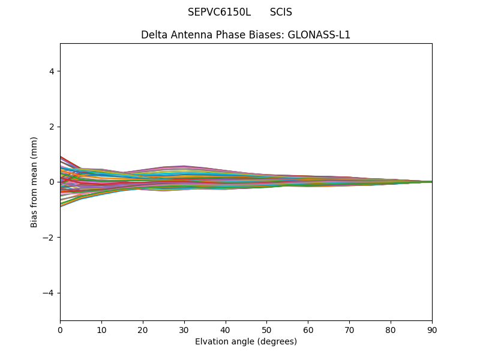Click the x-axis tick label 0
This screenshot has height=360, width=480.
click(60, 329)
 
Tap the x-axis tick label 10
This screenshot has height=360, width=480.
click(101, 329)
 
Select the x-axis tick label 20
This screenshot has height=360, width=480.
click(143, 329)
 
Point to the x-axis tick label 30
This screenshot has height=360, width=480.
click(184, 329)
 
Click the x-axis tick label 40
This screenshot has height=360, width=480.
click(226, 329)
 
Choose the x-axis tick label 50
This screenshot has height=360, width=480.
click(266, 329)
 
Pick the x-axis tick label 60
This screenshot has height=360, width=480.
click(308, 329)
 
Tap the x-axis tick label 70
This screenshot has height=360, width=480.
click(349, 329)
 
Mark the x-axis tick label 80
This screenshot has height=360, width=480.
click(391, 329)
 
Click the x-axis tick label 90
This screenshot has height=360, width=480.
click(432, 329)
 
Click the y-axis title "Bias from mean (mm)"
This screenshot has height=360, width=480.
click(34, 182)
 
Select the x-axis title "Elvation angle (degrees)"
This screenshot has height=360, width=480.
click(246, 341)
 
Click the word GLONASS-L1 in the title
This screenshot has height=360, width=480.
click(319, 35)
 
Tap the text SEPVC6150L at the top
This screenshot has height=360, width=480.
click(219, 12)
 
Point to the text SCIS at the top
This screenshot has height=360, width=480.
click(281, 12)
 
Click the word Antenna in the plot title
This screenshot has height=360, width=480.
click(188, 35)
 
